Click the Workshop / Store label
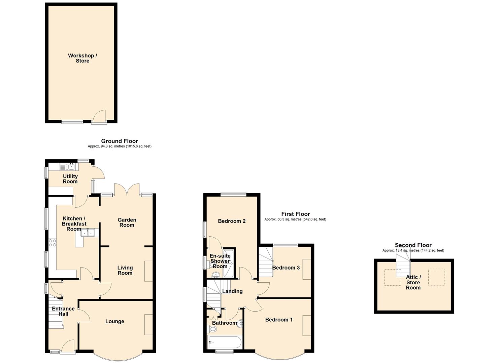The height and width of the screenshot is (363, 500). (82, 58)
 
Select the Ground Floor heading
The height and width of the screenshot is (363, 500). (120, 141)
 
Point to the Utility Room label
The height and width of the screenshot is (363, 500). (70, 179)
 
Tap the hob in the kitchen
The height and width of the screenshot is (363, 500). (53, 243)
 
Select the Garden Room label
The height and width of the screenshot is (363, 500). (127, 223)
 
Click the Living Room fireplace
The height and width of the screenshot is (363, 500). (148, 271)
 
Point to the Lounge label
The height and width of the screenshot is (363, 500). (115, 321)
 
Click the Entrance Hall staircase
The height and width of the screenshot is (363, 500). (56, 313)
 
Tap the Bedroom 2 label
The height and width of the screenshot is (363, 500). (232, 221)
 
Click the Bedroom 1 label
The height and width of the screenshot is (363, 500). (279, 320)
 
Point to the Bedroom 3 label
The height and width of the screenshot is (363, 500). (286, 268)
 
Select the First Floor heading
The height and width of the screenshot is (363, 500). (296, 214)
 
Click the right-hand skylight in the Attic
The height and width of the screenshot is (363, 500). (436, 277)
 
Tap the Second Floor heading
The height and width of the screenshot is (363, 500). (413, 245)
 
